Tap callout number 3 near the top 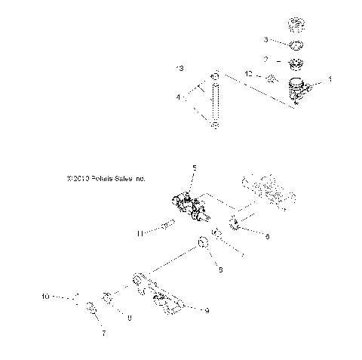[x=265, y=38]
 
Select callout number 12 [x=247, y=74]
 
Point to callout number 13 [x=179, y=69]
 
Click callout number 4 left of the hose [x=178, y=97]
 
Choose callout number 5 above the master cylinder [x=194, y=168]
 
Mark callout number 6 [x=265, y=235]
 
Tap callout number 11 [x=140, y=234]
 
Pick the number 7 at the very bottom [x=103, y=333]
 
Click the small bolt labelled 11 [x=168, y=224]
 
